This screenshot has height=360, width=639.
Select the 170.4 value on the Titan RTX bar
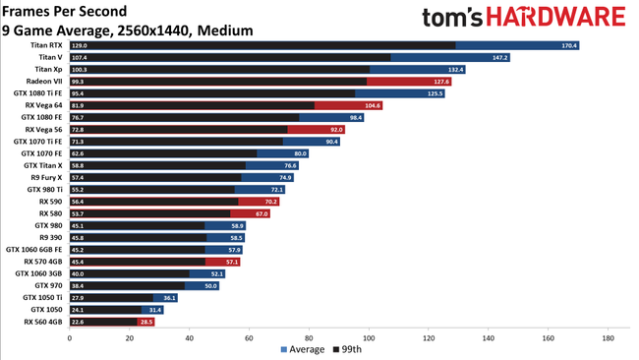tap(568, 45)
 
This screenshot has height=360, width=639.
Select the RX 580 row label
tap(51, 213)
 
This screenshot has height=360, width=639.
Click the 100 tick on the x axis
tap(369, 337)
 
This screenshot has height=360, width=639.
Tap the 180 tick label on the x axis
tap(608, 337)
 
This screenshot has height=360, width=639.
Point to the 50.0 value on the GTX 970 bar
tap(211, 285)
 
